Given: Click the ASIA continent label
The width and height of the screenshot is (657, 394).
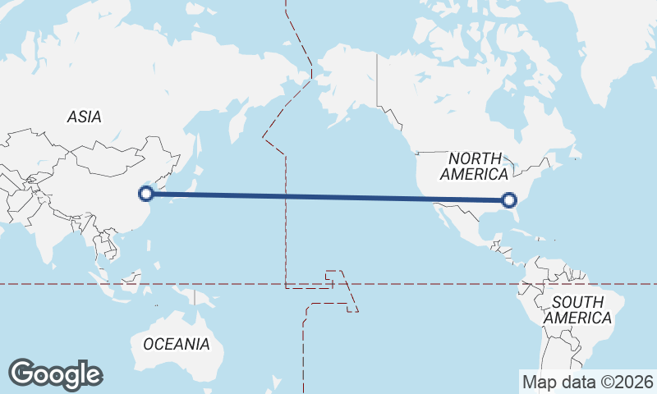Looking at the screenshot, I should pyautogui.click(x=85, y=117).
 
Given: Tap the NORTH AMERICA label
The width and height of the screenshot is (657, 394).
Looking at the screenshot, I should pyautogui.click(x=474, y=166).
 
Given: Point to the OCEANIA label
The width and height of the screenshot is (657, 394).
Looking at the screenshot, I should pyautogui.click(x=176, y=344).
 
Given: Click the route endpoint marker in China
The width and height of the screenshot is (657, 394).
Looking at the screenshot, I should pyautogui.click(x=146, y=194).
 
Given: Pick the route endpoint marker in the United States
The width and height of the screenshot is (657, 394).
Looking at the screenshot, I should pyautogui.click(x=508, y=199).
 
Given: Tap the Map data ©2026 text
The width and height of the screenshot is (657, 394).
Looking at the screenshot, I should pyautogui.click(x=587, y=382).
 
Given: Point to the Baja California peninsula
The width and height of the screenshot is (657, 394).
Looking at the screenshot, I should pyautogui.click(x=442, y=217).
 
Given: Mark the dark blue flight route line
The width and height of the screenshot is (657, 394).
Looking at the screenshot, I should pyautogui.click(x=328, y=197).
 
